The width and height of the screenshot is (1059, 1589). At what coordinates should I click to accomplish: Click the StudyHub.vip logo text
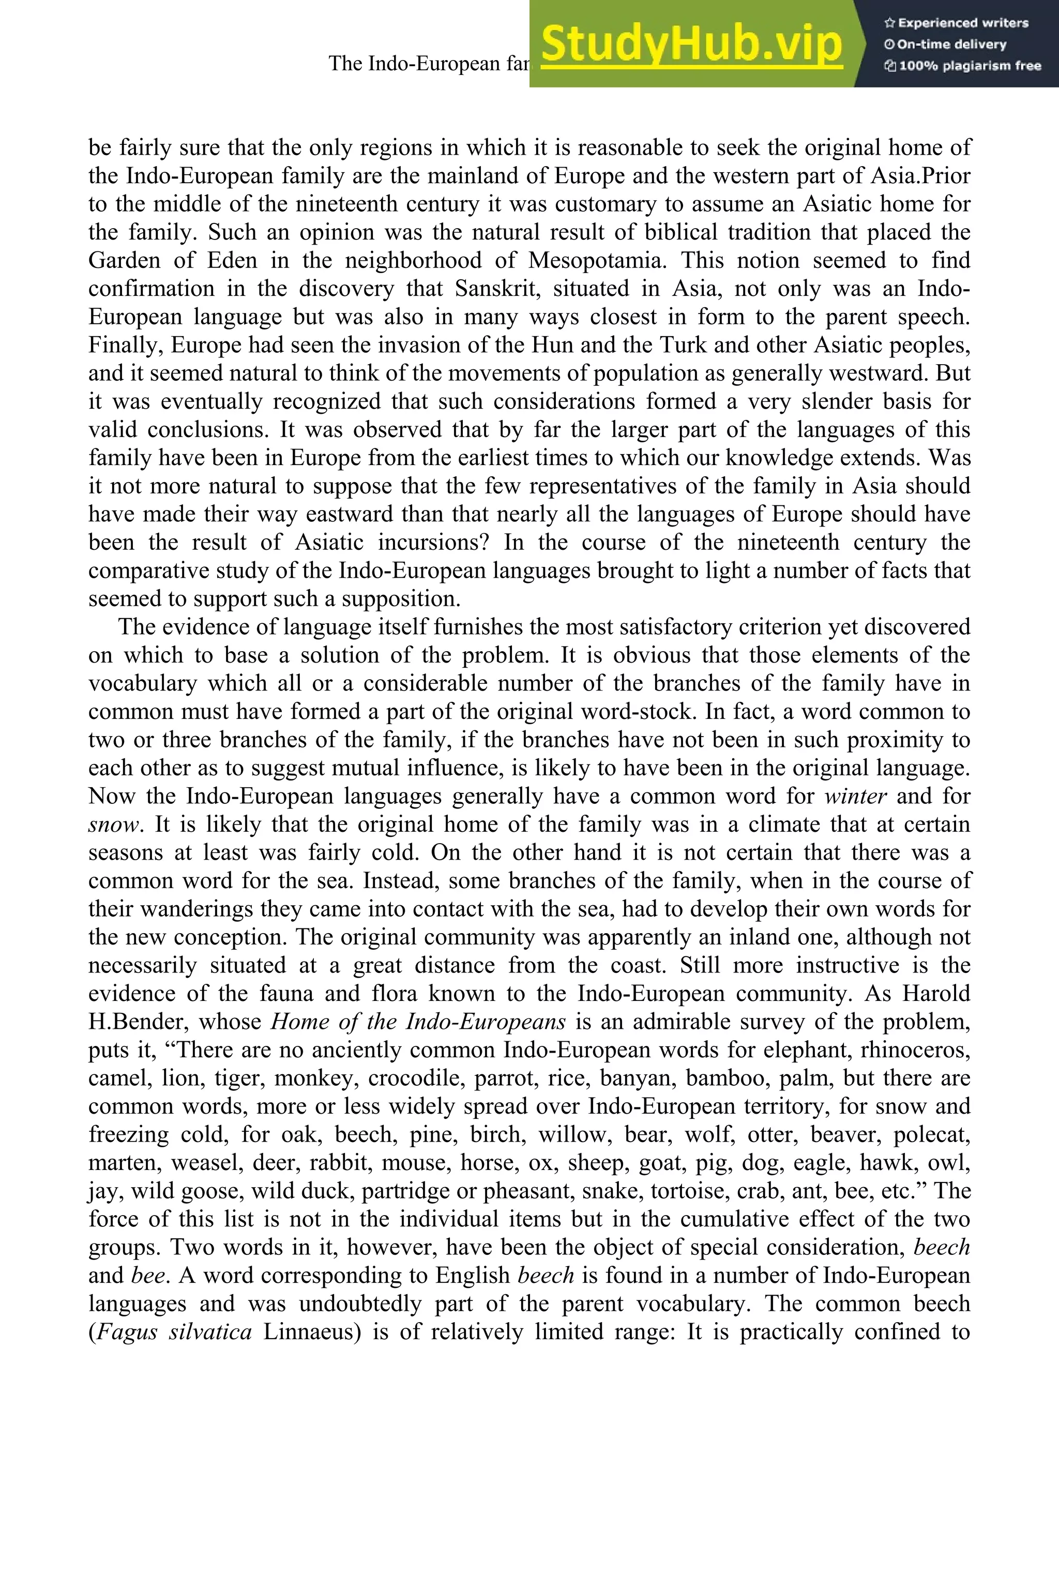[691, 44]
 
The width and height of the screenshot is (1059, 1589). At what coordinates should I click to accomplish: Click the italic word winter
[855, 796]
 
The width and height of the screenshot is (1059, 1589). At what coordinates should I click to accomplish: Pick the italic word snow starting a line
[113, 824]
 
